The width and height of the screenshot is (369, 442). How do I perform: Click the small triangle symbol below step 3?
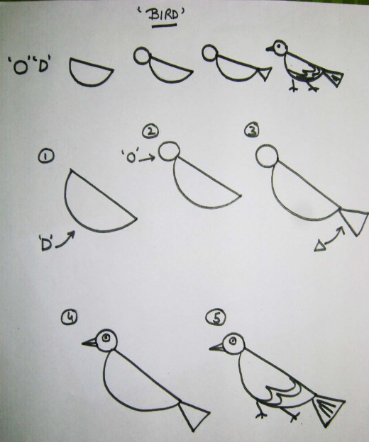click(x=320, y=245)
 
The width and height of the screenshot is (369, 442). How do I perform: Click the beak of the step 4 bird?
click(x=89, y=343)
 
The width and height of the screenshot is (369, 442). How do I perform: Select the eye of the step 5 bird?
click(x=231, y=344)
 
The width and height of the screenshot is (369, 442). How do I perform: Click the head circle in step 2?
click(x=169, y=152)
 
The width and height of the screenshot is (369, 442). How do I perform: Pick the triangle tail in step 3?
click(x=353, y=220)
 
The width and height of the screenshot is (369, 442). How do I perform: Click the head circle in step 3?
click(x=265, y=157)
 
